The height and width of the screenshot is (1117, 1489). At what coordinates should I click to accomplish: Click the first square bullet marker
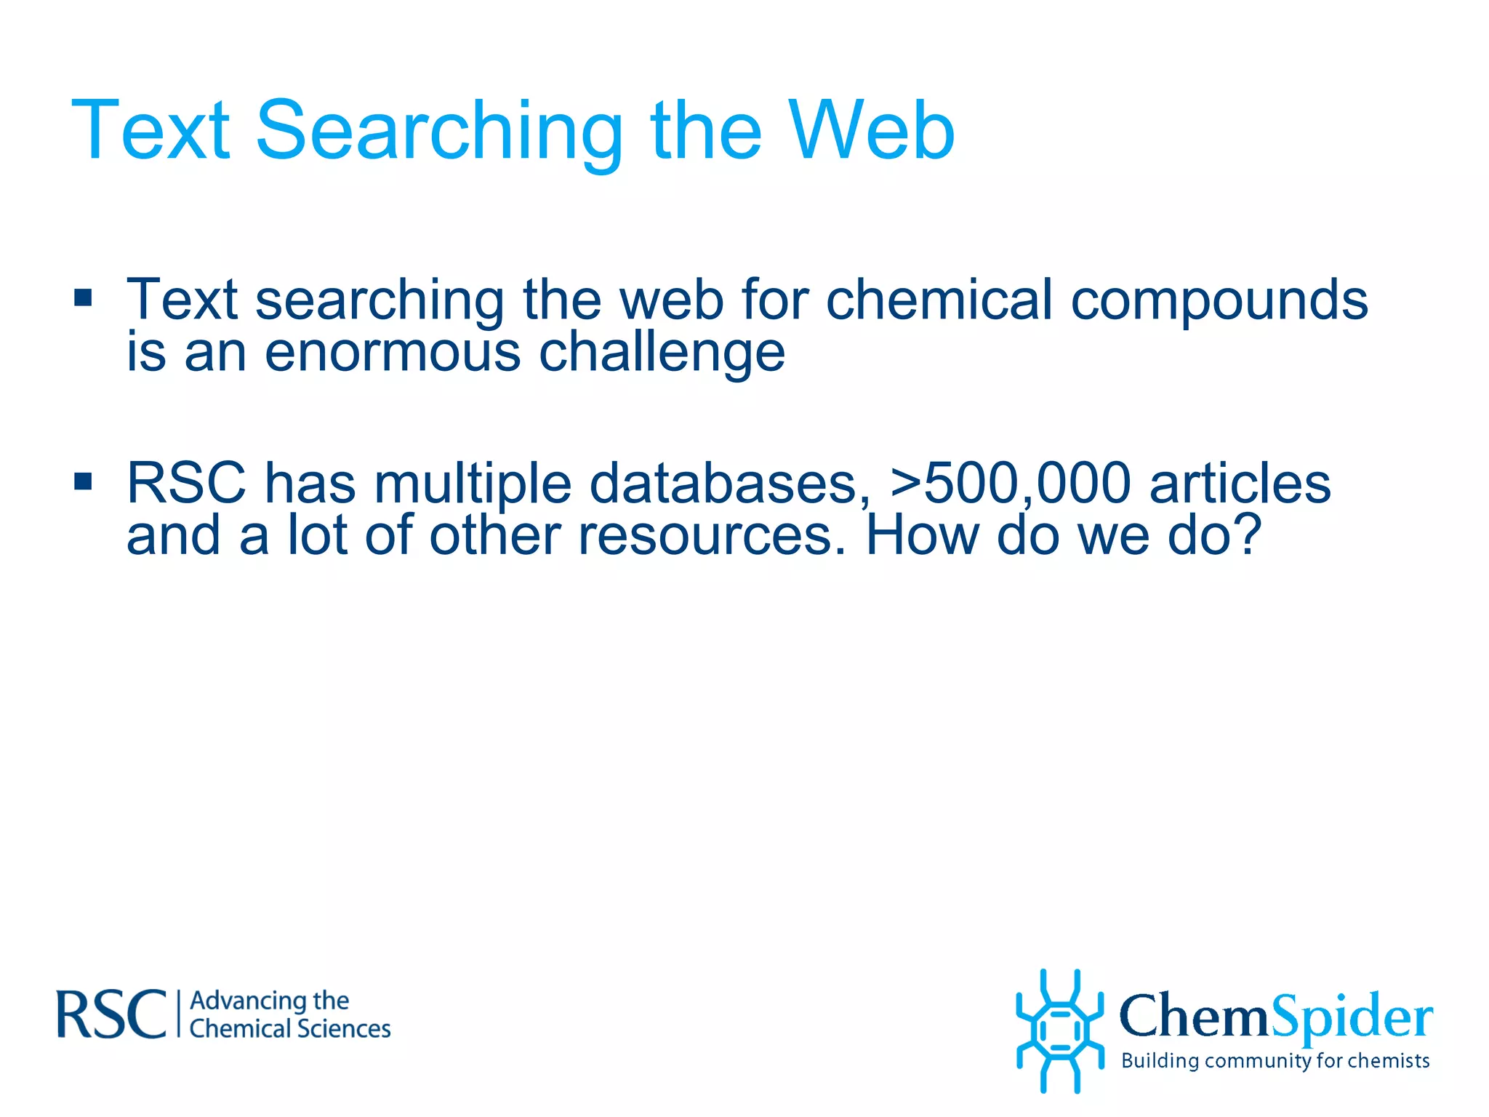(x=83, y=297)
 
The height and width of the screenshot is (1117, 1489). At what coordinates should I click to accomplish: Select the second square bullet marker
(x=83, y=481)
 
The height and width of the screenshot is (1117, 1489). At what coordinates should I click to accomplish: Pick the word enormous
(x=393, y=352)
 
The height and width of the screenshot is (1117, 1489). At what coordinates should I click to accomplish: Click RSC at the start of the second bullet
(x=186, y=483)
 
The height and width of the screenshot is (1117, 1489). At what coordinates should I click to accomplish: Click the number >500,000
(x=1011, y=483)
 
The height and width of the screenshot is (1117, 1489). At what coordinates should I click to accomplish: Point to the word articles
(x=1240, y=483)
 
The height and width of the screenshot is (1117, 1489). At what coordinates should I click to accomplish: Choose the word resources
(x=713, y=535)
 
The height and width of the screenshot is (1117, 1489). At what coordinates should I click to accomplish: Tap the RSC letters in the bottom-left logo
(x=111, y=1014)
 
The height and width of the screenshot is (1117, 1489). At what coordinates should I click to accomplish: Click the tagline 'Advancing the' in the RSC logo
(x=269, y=1001)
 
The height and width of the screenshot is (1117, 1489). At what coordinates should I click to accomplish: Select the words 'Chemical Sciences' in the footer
(x=289, y=1029)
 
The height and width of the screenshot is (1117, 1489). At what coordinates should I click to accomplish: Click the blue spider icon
(x=1059, y=1030)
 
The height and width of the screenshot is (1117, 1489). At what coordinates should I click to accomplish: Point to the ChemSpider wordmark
(x=1276, y=1017)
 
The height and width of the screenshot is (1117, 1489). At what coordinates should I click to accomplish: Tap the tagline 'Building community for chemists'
(x=1275, y=1061)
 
